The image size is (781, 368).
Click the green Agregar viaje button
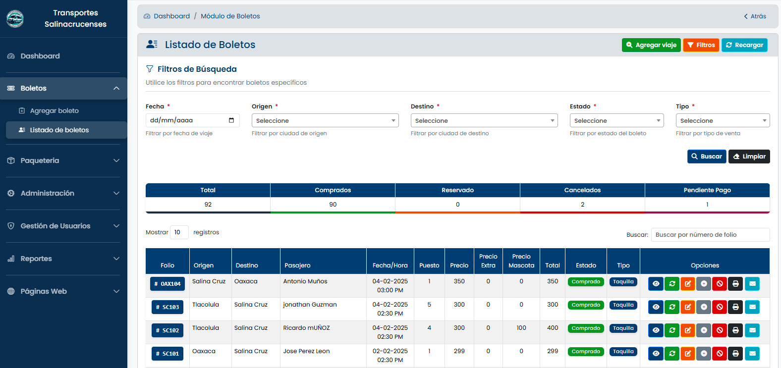(x=651, y=45)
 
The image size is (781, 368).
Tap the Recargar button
(x=744, y=45)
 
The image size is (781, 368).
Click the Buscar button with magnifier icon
(x=707, y=157)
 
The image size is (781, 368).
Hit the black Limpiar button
(x=749, y=157)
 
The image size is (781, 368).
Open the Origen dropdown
(x=325, y=120)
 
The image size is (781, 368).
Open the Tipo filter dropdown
(x=723, y=120)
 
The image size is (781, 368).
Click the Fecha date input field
(x=192, y=120)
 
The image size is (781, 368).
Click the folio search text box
(x=710, y=235)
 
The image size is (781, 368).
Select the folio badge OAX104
(x=167, y=284)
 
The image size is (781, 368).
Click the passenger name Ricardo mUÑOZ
(x=306, y=328)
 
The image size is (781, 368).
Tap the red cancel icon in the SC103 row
(x=720, y=307)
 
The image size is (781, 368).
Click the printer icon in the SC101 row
(x=736, y=354)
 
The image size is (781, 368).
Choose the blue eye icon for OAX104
(x=656, y=284)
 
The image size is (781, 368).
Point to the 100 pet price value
(x=521, y=328)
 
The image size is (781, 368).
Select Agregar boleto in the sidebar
(x=55, y=111)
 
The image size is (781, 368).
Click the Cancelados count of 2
(x=582, y=205)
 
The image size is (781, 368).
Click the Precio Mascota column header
(x=521, y=261)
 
